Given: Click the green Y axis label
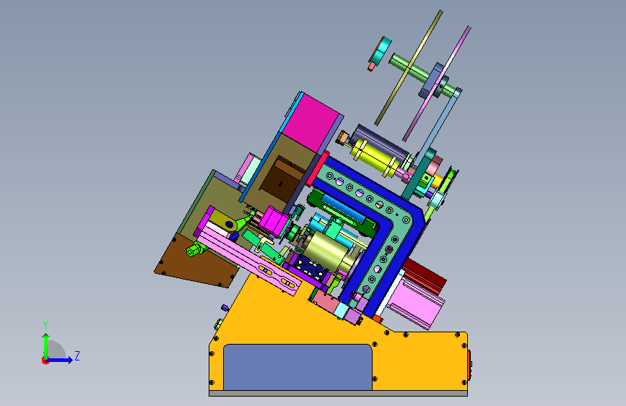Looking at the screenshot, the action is pos(45,325).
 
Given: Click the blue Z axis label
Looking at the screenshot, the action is pos(77,355).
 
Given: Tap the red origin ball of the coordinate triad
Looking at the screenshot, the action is pos(45,360).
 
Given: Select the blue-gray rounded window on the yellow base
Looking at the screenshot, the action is pos(297,367).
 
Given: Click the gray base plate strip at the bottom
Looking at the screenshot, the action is pos(338,394).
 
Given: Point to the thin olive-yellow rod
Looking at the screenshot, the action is pos(409,68).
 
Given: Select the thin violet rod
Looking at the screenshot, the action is pos(437,84).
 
